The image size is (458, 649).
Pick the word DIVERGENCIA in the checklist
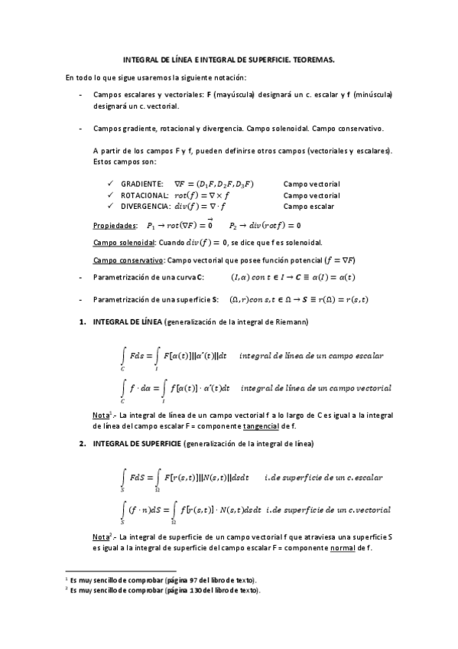click(x=143, y=206)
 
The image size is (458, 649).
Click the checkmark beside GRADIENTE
click(x=112, y=184)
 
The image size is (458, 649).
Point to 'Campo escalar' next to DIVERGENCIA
click(x=308, y=206)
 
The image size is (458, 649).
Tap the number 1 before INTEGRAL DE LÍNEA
click(x=83, y=322)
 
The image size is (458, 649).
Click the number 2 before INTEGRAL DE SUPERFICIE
click(x=83, y=444)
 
